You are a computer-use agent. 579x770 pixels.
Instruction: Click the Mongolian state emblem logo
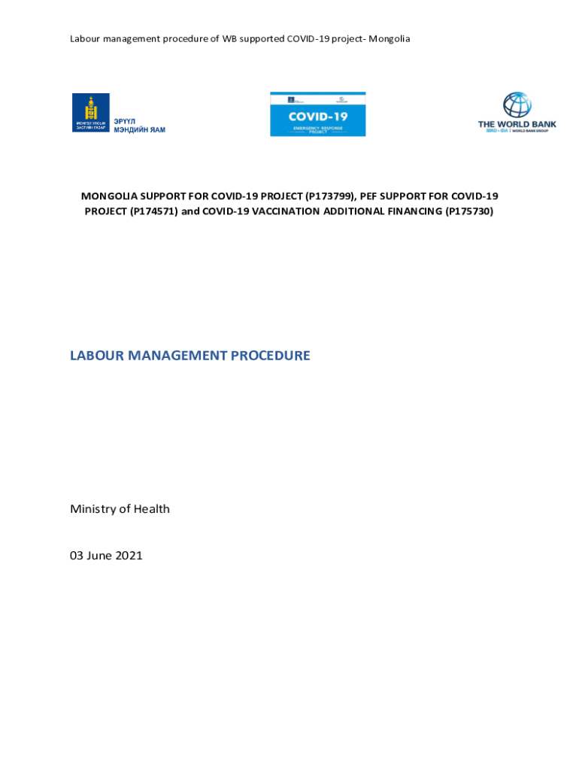[91, 113]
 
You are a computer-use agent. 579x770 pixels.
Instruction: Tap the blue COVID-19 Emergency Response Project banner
[317, 114]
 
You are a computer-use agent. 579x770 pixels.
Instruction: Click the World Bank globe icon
[517, 105]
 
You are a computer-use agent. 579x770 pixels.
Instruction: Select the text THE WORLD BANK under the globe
[517, 124]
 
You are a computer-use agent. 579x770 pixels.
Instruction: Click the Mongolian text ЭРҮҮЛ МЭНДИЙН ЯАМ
[139, 126]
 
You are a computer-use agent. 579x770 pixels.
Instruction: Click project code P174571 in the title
[153, 211]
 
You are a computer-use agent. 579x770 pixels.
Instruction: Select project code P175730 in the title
[468, 211]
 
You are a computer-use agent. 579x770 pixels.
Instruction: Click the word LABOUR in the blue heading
[97, 356]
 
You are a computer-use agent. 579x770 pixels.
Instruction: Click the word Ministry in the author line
[92, 509]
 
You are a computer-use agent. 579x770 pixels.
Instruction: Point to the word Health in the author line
[152, 509]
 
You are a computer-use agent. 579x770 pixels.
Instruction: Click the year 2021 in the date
[128, 556]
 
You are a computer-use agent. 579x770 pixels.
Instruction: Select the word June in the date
[99, 556]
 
